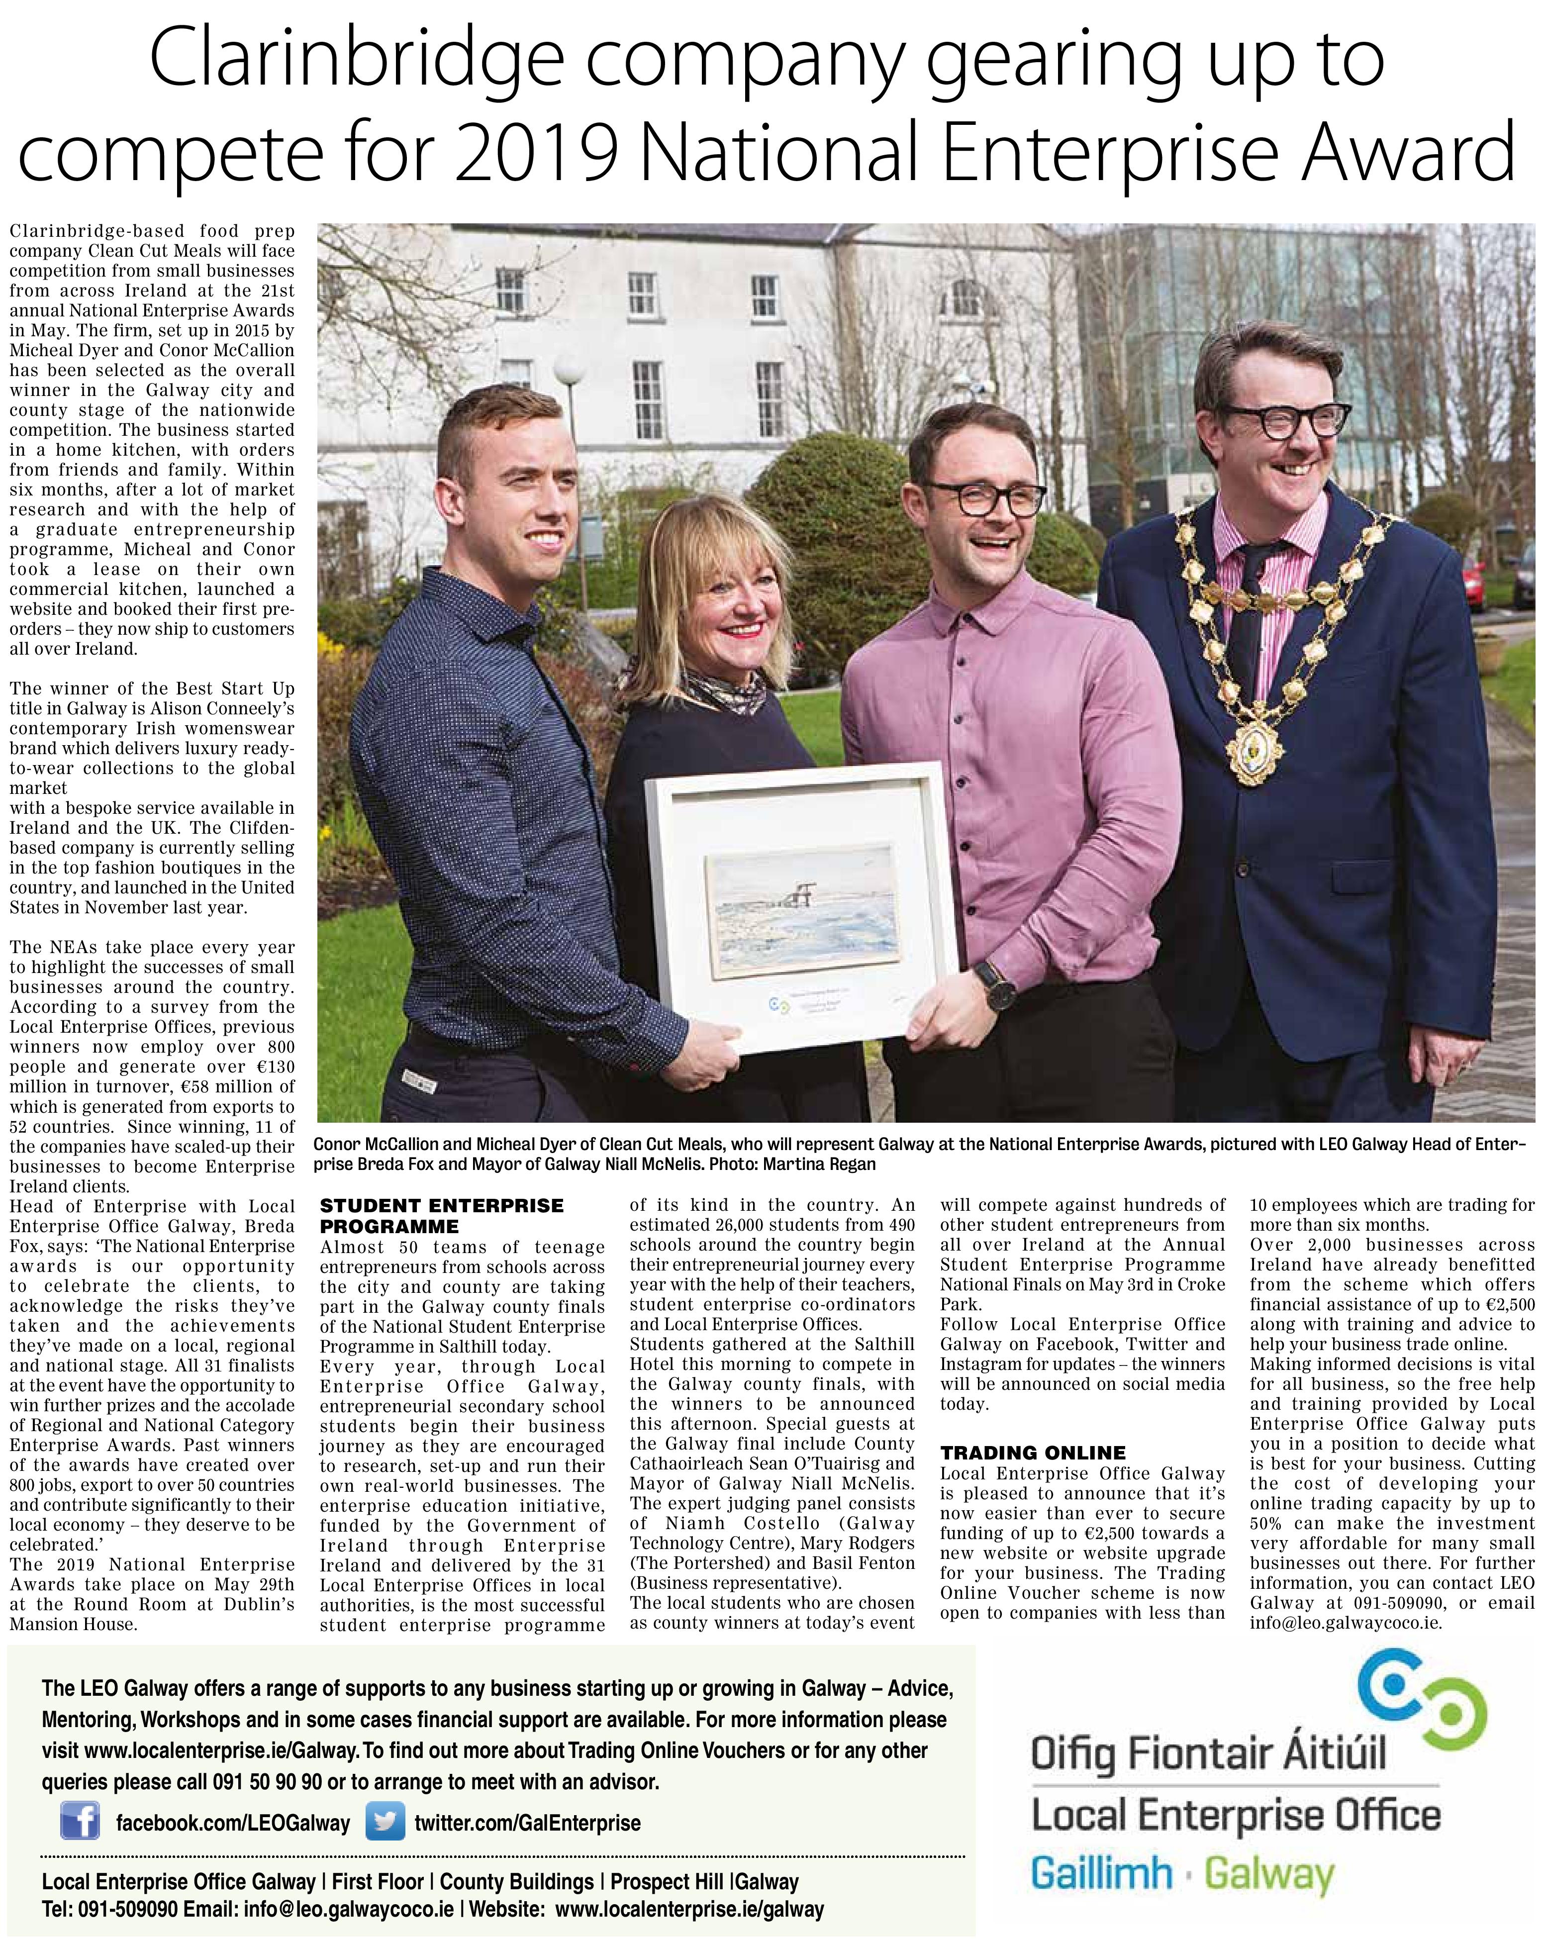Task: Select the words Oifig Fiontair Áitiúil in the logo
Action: (x=1208, y=1754)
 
